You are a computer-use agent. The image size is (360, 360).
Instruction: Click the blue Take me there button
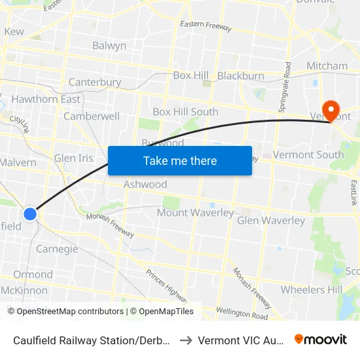click(180, 160)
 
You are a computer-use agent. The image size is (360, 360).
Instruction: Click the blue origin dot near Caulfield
click(30, 213)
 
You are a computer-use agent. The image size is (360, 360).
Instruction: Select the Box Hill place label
click(190, 75)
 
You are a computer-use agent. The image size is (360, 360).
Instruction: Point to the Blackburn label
click(240, 75)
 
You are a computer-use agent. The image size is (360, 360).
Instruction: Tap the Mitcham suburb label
click(327, 65)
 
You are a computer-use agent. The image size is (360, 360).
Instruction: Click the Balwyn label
click(109, 46)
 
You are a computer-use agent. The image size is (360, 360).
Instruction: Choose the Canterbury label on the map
click(95, 82)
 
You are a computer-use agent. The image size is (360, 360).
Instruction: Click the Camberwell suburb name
click(92, 116)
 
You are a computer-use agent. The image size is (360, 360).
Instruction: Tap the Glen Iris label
click(73, 158)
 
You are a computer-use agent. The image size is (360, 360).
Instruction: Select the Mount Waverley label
click(195, 212)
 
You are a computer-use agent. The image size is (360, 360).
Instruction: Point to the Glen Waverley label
click(271, 221)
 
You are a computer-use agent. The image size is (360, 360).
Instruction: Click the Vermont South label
click(308, 155)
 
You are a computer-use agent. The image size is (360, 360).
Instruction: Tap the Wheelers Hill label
click(312, 289)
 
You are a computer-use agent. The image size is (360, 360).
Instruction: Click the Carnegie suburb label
click(57, 249)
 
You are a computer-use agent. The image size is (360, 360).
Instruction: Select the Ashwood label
click(145, 184)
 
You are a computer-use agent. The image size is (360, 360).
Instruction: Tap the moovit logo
click(321, 339)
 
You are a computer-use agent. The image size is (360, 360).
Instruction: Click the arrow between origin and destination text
click(185, 340)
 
